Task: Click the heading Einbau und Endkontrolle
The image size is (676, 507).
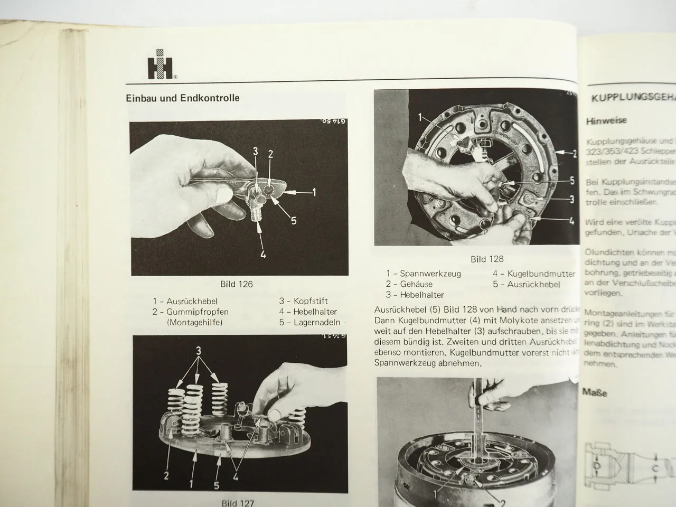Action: click(182, 98)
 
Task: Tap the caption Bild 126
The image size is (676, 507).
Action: click(237, 284)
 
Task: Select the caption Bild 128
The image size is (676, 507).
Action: click(487, 259)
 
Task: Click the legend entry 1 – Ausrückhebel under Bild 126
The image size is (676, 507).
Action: click(182, 302)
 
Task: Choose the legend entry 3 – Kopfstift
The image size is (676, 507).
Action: click(304, 302)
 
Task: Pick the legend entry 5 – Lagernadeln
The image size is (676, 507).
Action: click(309, 322)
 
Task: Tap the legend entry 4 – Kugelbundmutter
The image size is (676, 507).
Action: click(533, 274)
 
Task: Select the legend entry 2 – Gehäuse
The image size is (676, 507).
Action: click(411, 284)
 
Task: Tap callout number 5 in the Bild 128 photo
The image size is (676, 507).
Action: click(571, 181)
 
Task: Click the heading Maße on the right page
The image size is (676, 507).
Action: click(595, 392)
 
